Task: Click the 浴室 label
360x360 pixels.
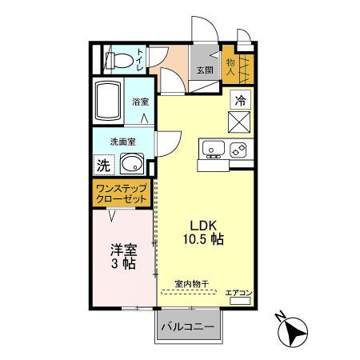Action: [141, 102]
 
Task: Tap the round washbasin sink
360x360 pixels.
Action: [132, 166]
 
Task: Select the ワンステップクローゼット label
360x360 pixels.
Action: [121, 194]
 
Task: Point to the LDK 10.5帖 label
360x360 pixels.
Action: [200, 231]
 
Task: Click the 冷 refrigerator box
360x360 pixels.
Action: [241, 100]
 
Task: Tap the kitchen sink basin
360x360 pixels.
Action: [213, 148]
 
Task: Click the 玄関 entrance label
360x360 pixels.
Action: [206, 70]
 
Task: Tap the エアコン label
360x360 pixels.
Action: [238, 293]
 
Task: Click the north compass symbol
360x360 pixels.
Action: [291, 328]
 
